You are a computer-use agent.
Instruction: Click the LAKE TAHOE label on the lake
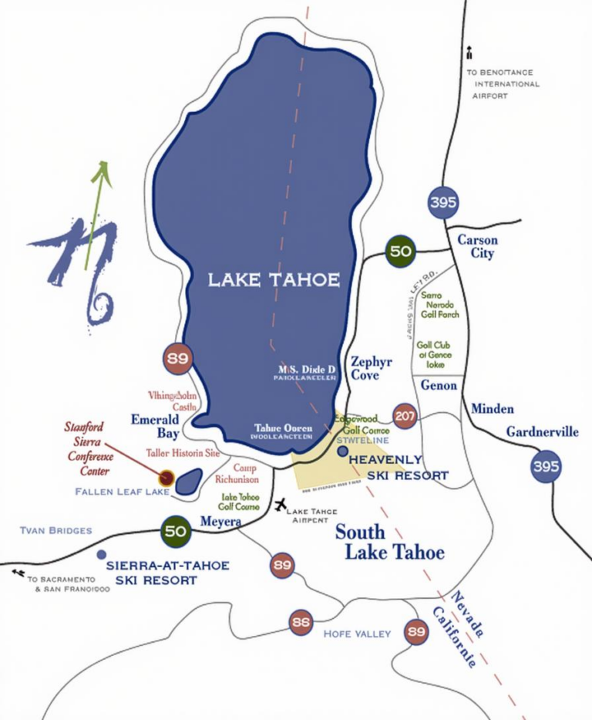[274, 279]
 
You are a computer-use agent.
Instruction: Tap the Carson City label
[477, 246]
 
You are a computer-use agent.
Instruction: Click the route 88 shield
[301, 621]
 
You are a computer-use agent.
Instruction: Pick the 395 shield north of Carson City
[443, 203]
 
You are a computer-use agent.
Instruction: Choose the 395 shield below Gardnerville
[546, 467]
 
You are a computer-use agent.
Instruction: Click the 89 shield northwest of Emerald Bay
[177, 359]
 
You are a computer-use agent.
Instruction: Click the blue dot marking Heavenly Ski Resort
[343, 451]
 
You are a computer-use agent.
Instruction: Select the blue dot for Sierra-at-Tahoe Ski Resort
[101, 554]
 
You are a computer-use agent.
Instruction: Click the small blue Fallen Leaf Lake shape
[189, 482]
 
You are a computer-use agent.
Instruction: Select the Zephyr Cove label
[372, 368]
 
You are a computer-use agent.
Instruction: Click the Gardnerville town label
[542, 431]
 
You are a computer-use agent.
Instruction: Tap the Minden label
[492, 408]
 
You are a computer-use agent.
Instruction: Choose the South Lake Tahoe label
[389, 543]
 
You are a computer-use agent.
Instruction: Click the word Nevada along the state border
[467, 614]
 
